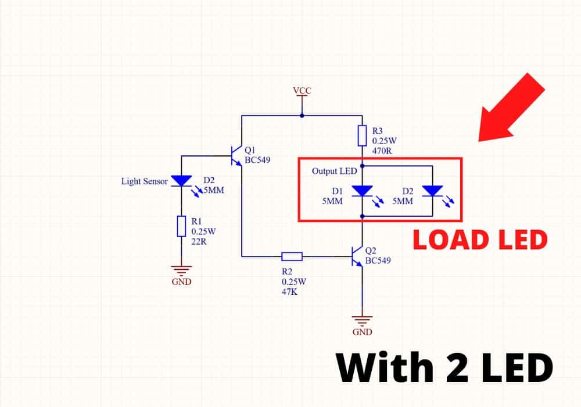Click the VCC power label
[x=302, y=91]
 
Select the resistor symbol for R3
[x=362, y=135]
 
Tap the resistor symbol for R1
[x=181, y=226]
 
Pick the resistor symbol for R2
[x=292, y=256]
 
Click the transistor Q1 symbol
[x=236, y=156]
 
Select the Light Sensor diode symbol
[x=181, y=181]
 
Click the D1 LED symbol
[x=363, y=190]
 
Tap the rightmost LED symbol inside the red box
[x=433, y=190]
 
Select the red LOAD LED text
[x=480, y=240]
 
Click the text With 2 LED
[x=444, y=368]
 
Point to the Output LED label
[x=334, y=171]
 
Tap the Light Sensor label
[x=144, y=181]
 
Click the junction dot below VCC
[x=302, y=115]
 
